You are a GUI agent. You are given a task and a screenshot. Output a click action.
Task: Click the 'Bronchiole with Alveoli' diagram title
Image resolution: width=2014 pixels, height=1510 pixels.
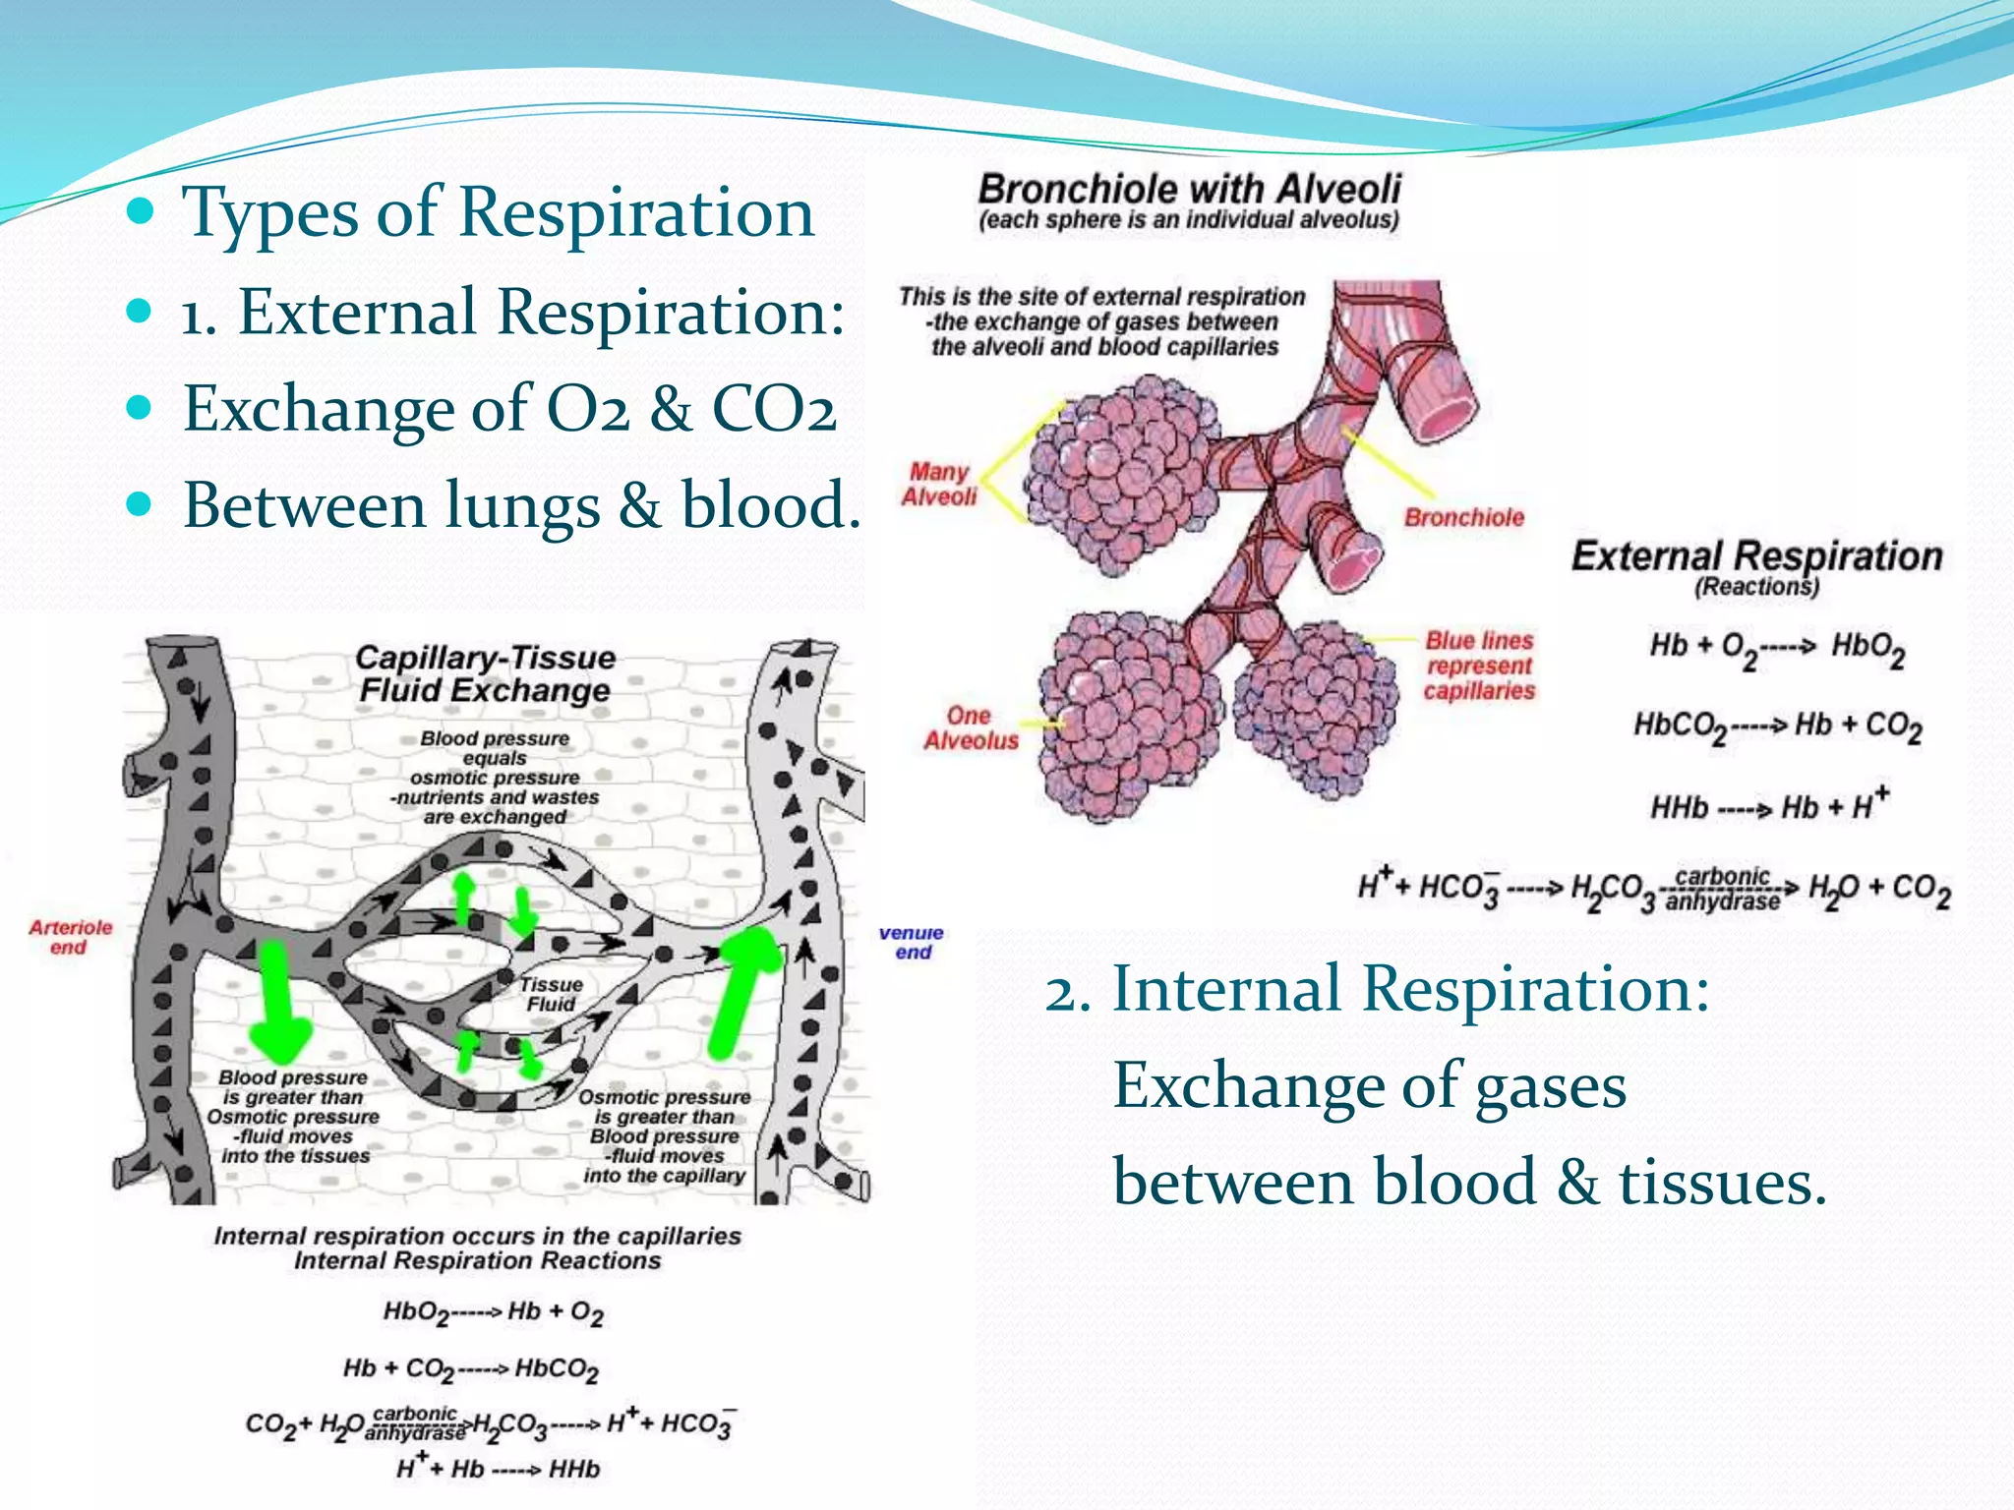point(1189,189)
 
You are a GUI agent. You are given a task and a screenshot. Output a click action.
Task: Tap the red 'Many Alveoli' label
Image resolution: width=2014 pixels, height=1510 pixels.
point(939,485)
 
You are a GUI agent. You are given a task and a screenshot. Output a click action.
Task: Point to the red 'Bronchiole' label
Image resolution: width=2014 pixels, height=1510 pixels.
point(1463,518)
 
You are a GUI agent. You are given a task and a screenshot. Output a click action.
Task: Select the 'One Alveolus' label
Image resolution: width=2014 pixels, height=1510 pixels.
point(970,728)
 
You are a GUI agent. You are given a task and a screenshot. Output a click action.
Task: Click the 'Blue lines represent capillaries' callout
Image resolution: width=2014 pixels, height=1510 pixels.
point(1479,666)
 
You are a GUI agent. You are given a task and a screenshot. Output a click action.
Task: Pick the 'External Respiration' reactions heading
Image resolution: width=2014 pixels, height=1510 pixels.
point(1756,557)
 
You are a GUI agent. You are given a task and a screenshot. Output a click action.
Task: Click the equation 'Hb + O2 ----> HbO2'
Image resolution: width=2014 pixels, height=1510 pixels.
point(1776,649)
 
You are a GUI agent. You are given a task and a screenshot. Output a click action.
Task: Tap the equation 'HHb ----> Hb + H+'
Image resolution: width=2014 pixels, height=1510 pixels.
point(1769,806)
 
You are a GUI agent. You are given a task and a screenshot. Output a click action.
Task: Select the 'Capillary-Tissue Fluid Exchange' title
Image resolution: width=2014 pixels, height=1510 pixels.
point(485,673)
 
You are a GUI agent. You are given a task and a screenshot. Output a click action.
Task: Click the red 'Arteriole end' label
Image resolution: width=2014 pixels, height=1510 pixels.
point(70,937)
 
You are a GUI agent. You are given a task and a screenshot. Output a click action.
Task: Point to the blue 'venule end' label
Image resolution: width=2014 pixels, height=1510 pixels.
point(912,942)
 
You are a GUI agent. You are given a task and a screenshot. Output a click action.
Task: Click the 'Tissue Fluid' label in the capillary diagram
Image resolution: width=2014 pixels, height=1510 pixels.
point(551,994)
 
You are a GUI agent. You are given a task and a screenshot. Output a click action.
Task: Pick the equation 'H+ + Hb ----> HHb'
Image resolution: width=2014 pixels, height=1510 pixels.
point(498,1468)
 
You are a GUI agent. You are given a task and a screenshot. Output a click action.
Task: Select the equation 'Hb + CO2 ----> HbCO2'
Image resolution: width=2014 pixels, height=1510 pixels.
point(470,1368)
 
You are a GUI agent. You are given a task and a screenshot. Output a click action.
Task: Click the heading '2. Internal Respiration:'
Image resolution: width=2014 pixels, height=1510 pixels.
point(1377,989)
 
